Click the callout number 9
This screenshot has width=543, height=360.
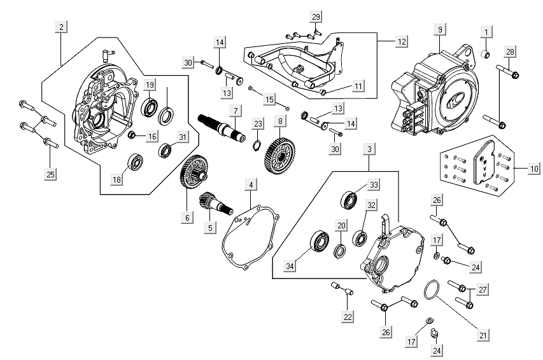point(439,29)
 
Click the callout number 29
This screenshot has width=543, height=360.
point(316,15)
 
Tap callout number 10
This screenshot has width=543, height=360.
point(533,169)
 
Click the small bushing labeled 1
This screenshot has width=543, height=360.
point(485,52)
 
